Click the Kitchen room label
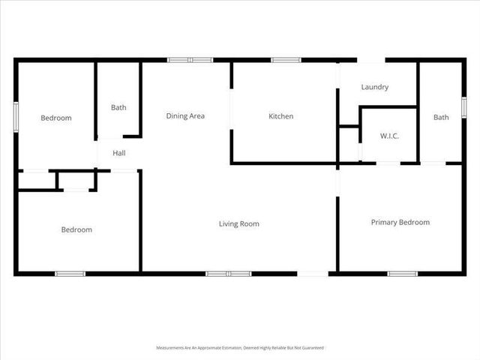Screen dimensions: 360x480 (x=281, y=116)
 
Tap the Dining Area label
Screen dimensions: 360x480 (x=185, y=116)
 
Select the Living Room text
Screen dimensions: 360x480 (x=238, y=223)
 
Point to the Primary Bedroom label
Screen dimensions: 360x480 (x=400, y=222)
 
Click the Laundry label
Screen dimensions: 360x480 (x=374, y=87)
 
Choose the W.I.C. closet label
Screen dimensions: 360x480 (x=389, y=136)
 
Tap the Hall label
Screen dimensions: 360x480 (x=119, y=153)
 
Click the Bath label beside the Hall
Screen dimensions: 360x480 (x=118, y=107)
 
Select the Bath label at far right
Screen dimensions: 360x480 (x=441, y=117)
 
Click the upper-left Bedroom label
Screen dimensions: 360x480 (x=56, y=118)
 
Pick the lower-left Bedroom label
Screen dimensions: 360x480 (x=76, y=229)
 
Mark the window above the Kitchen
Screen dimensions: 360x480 (x=286, y=60)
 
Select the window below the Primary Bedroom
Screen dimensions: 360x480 (x=402, y=274)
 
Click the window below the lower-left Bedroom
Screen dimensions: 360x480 (x=70, y=274)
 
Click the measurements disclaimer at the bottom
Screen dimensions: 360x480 (x=239, y=348)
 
